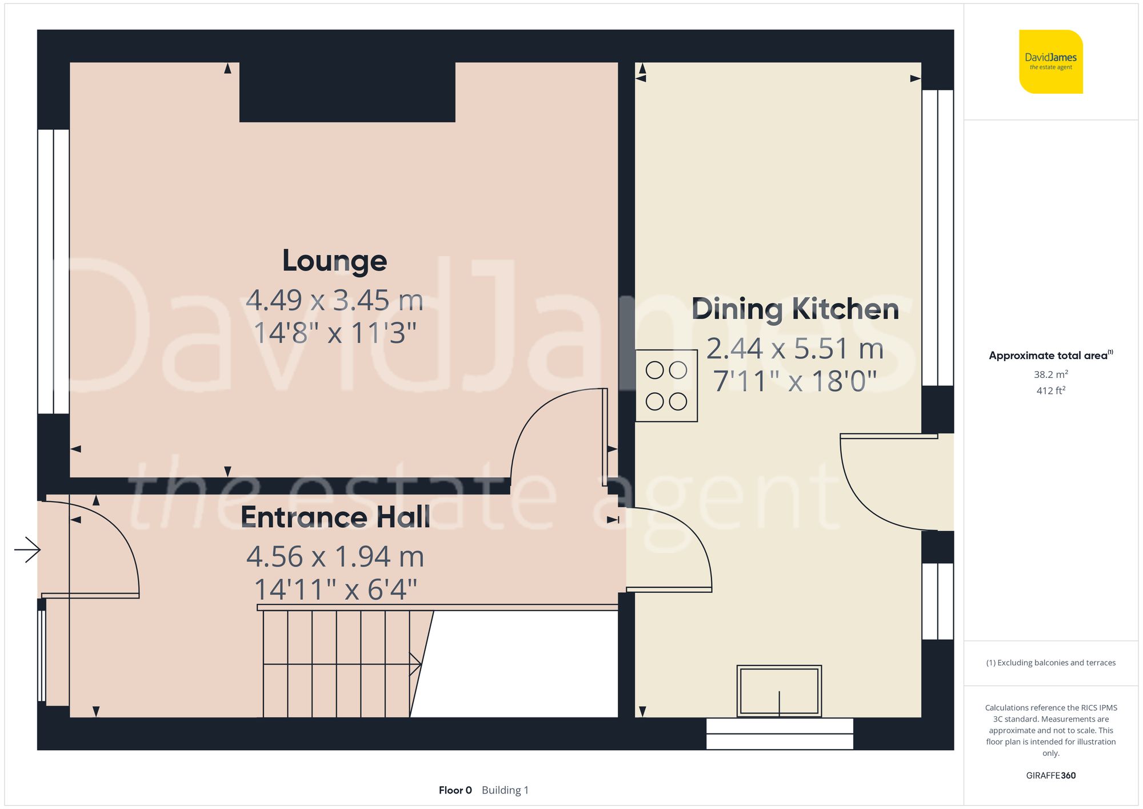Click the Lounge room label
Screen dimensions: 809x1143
click(x=334, y=261)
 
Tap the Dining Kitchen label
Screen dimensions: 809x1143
click(x=795, y=309)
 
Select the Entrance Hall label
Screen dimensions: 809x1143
click(x=335, y=517)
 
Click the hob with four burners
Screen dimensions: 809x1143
click(x=666, y=386)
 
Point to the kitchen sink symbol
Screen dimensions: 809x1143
click(x=779, y=691)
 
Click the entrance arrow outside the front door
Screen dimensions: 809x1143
click(x=27, y=550)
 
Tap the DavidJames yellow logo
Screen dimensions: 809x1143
click(x=1050, y=62)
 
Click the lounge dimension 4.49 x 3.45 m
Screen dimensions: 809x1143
click(x=334, y=300)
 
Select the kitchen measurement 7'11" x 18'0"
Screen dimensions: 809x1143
click(x=795, y=381)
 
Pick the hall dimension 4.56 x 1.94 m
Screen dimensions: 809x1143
click(x=335, y=557)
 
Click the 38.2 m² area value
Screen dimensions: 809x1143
click(x=1050, y=374)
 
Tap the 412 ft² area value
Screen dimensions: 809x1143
click(x=1050, y=390)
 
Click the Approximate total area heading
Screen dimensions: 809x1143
click(x=1050, y=355)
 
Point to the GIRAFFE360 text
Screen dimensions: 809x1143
click(x=1050, y=775)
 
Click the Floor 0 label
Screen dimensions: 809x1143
click(x=455, y=790)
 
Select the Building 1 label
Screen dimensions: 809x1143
click(x=505, y=790)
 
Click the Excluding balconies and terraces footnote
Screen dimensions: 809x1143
click(x=1050, y=663)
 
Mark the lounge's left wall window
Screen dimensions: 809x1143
click(x=53, y=271)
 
